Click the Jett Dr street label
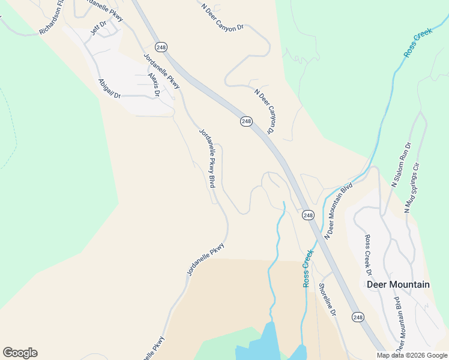(98, 27)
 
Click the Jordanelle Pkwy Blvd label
(207, 158)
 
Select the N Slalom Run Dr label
(401, 165)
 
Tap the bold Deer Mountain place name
(398, 284)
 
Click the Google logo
(20, 353)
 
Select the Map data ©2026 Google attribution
(412, 355)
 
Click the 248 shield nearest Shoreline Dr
(358, 317)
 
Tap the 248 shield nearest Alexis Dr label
(160, 46)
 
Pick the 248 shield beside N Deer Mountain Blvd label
(308, 215)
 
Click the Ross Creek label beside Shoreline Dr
(309, 268)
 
